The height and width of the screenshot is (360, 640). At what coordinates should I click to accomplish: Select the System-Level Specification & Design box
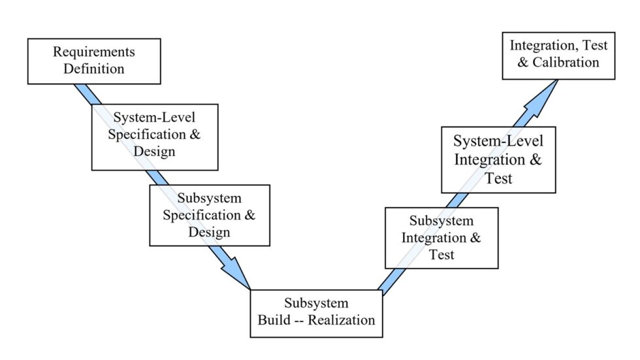(x=153, y=135)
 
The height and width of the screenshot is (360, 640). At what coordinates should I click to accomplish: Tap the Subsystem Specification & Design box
(x=209, y=215)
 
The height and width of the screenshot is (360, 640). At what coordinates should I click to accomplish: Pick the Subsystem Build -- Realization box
(x=316, y=313)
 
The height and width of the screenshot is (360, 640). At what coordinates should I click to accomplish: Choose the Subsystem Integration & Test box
(x=441, y=238)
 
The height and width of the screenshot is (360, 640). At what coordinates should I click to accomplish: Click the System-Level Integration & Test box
(x=498, y=159)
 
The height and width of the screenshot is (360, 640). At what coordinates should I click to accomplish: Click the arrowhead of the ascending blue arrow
(x=547, y=91)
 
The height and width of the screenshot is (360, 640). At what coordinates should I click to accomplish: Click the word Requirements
(x=94, y=52)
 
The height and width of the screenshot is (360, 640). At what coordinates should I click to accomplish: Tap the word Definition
(x=94, y=69)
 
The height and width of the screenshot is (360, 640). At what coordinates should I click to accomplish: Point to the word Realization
(x=341, y=320)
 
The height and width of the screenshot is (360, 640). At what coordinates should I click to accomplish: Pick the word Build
(x=274, y=320)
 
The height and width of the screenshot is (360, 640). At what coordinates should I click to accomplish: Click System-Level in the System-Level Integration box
(x=498, y=141)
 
